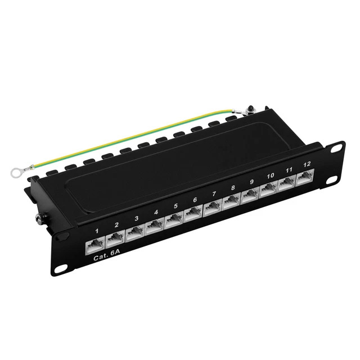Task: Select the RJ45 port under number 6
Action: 193,213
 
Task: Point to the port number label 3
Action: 136,218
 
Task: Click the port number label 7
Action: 213,194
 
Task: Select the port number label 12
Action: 307,164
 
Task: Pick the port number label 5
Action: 175,206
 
